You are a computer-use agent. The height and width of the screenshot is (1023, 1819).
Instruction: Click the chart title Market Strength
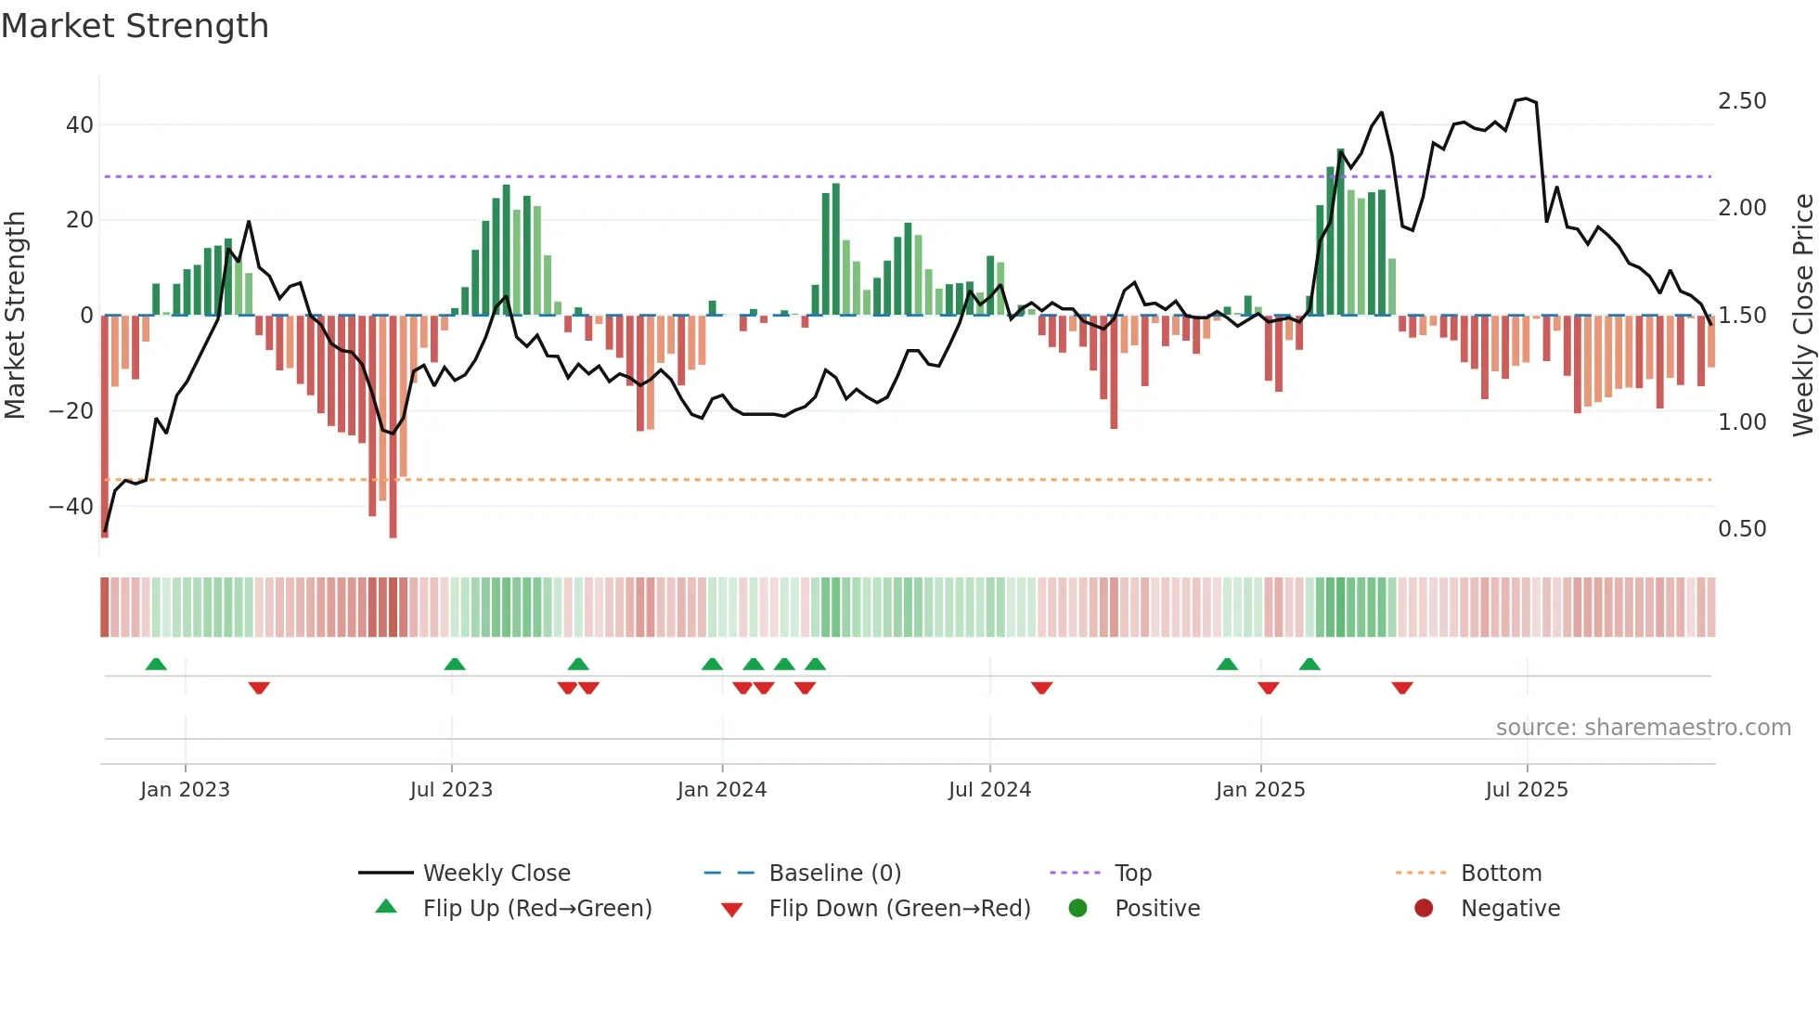[x=135, y=26]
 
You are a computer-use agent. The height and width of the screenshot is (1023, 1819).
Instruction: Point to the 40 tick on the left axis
[x=80, y=124]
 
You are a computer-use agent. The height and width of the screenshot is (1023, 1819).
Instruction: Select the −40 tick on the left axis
[x=71, y=507]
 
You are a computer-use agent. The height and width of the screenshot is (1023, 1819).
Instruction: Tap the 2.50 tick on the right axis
[x=1742, y=101]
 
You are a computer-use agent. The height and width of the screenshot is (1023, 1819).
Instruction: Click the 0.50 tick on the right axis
[x=1742, y=529]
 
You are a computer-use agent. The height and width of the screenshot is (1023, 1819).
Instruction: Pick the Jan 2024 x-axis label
[x=722, y=790]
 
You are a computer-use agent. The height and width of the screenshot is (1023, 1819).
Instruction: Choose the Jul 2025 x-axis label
[x=1527, y=790]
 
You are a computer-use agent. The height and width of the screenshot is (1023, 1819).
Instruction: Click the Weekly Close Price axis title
[x=1802, y=315]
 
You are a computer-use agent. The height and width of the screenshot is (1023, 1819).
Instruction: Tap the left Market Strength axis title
[x=15, y=315]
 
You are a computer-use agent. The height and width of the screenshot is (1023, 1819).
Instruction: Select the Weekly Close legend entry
[x=497, y=874]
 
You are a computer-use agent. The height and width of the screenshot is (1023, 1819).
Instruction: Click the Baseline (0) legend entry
[x=834, y=874]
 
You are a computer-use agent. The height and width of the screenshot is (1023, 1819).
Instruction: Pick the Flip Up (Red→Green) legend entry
[x=536, y=909]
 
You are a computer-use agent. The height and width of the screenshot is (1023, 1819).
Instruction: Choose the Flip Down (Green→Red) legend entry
[x=898, y=909]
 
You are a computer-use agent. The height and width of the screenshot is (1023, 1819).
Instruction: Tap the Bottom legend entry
[x=1501, y=874]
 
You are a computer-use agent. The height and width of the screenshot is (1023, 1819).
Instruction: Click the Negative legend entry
[x=1510, y=909]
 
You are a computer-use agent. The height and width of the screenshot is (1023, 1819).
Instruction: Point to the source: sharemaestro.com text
[x=1643, y=728]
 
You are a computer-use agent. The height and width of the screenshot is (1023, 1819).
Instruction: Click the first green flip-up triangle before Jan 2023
[x=156, y=665]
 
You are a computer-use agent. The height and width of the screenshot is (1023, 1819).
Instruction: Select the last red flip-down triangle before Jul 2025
[x=1402, y=688]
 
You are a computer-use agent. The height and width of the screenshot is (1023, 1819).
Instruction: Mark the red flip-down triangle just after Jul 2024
[x=1041, y=688]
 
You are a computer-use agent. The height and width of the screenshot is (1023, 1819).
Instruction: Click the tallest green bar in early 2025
[x=1340, y=232]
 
